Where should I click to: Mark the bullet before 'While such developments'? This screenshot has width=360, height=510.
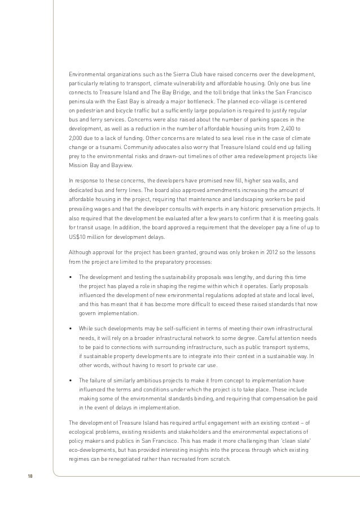pos(70,329)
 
